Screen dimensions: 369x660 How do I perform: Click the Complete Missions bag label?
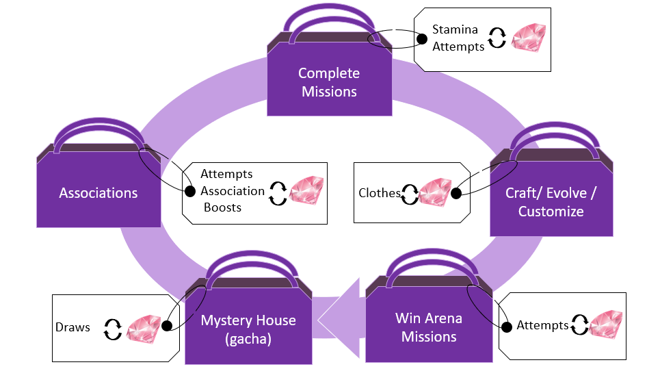pyautogui.click(x=329, y=82)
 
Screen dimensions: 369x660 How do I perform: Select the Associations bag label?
pyautogui.click(x=98, y=193)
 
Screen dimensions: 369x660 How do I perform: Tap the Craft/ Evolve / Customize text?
pyautogui.click(x=551, y=202)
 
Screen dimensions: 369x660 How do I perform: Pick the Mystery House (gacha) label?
pyautogui.click(x=248, y=329)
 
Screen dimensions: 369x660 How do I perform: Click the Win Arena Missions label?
pyautogui.click(x=429, y=327)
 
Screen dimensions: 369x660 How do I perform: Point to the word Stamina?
pyautogui.click(x=455, y=30)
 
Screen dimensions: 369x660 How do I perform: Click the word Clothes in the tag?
pyautogui.click(x=380, y=193)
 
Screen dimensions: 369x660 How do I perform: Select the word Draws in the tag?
pyautogui.click(x=72, y=327)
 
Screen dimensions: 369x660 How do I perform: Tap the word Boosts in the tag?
pyautogui.click(x=222, y=207)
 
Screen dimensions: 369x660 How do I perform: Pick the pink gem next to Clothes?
pyautogui.click(x=435, y=191)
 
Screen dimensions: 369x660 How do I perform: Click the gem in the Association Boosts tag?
pyautogui.click(x=306, y=190)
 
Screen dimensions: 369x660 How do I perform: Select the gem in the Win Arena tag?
pyautogui.click(x=606, y=323)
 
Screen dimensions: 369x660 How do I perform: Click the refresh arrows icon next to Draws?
pyautogui.click(x=112, y=328)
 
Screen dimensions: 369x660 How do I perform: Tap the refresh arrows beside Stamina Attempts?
pyautogui.click(x=497, y=38)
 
